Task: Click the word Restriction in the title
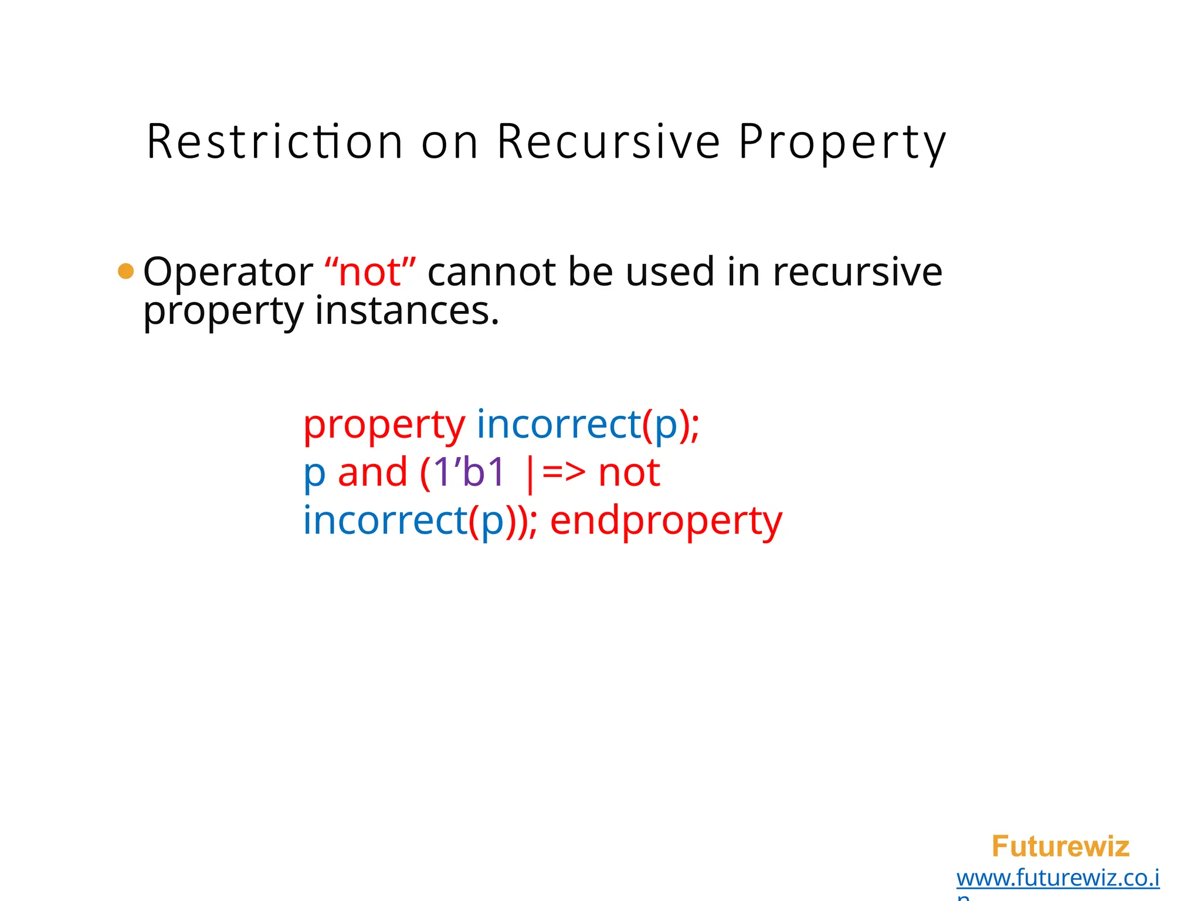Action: pos(274,142)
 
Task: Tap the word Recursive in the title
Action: pos(608,142)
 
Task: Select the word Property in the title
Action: pos(842,142)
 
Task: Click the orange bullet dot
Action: pos(125,271)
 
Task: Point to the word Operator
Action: pos(228,272)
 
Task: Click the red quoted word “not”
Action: pos(370,272)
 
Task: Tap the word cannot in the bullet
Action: pos(491,272)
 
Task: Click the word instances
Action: pos(406,311)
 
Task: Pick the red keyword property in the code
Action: pos(384,425)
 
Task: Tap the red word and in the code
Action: pos(372,473)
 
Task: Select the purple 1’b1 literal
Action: pos(469,473)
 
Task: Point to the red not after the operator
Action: pos(629,473)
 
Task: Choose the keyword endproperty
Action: pos(666,521)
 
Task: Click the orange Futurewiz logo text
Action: pos(1060,846)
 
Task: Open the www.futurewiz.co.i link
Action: pos(1057,878)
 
